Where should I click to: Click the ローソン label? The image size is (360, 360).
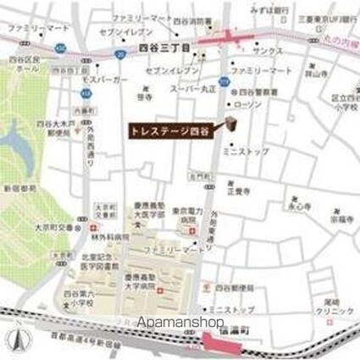tap(249, 103)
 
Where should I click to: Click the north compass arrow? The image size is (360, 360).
tap(14, 341)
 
